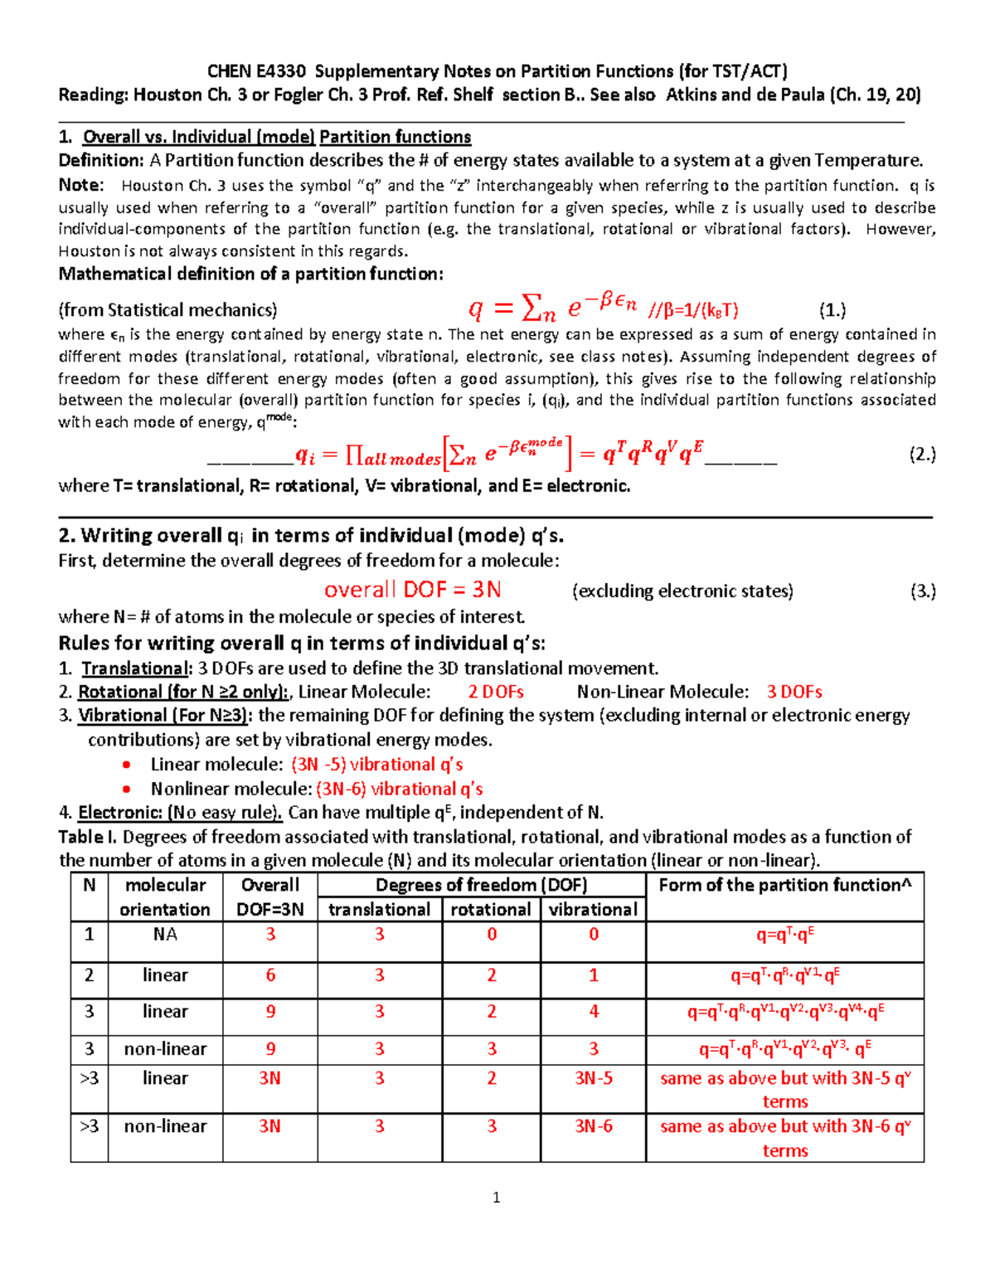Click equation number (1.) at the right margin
(x=832, y=311)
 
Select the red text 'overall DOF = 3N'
(x=412, y=590)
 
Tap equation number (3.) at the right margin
(x=923, y=591)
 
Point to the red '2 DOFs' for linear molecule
(x=495, y=692)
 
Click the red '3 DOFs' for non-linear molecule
(x=794, y=692)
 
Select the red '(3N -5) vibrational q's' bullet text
(x=376, y=765)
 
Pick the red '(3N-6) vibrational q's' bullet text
(x=399, y=789)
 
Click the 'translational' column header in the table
(x=379, y=910)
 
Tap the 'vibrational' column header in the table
(x=593, y=910)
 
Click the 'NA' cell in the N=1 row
(x=165, y=935)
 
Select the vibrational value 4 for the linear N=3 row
(x=594, y=1012)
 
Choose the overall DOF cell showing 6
(x=270, y=975)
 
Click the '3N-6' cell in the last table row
(x=594, y=1126)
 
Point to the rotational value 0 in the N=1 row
(x=492, y=935)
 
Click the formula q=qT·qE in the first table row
(x=784, y=935)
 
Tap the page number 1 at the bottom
(x=496, y=1198)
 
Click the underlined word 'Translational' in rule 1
(x=135, y=668)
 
